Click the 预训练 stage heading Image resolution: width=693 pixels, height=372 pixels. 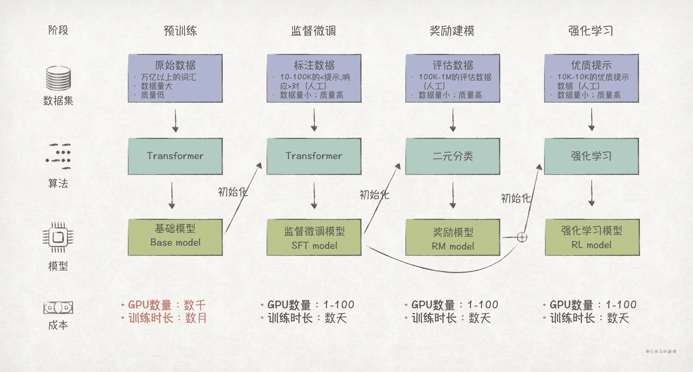180,31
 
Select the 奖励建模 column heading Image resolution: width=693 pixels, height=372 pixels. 452,31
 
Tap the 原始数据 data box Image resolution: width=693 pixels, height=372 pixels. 175,78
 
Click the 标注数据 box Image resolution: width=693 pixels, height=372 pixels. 314,78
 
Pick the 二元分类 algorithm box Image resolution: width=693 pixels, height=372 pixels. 453,156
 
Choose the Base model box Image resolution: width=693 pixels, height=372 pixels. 175,237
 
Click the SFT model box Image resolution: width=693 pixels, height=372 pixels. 314,237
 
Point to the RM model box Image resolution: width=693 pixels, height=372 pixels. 453,237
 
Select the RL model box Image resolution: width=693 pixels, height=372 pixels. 592,237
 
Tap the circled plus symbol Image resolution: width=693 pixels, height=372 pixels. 522,237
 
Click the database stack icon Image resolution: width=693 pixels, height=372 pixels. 58,78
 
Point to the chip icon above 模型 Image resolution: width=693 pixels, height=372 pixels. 58,237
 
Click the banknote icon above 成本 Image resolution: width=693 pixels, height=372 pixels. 58,307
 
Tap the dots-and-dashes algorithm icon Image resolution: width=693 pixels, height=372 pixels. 59,156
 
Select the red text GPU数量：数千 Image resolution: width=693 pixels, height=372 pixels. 167,305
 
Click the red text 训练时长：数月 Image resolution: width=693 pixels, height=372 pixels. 167,318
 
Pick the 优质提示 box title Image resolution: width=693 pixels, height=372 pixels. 591,65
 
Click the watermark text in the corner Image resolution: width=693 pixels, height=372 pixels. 661,351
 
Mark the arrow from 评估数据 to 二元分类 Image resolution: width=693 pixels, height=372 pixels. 453,120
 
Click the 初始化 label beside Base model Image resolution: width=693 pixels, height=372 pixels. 233,192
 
